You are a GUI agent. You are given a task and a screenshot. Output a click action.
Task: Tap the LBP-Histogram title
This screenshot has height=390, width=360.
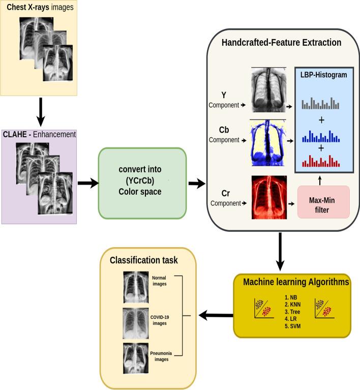(319, 75)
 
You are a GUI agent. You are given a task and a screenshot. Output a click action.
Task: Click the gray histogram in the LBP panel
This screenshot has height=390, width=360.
(320, 104)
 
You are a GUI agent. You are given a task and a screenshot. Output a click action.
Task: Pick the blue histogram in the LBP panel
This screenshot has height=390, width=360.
(320, 136)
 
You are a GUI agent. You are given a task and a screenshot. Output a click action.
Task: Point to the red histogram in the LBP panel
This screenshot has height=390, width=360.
(320, 161)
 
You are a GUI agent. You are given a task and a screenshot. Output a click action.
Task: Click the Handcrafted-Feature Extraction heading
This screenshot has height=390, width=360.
(281, 43)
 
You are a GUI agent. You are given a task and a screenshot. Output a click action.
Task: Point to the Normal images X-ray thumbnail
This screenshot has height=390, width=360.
(136, 287)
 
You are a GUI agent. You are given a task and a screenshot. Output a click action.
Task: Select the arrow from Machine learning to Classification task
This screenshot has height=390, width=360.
(216, 316)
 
